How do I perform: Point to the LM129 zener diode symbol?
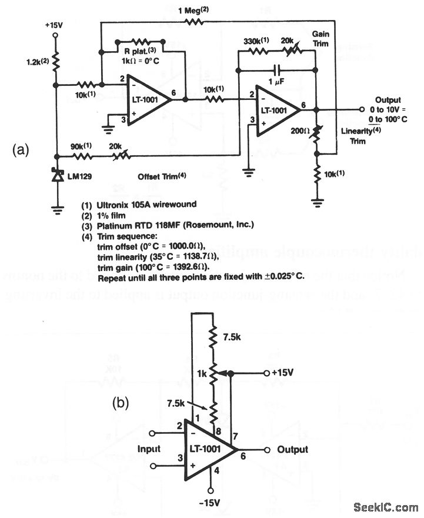(56, 175)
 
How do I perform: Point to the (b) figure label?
(121, 404)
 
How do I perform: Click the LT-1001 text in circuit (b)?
(206, 449)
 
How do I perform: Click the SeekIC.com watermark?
(385, 507)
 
